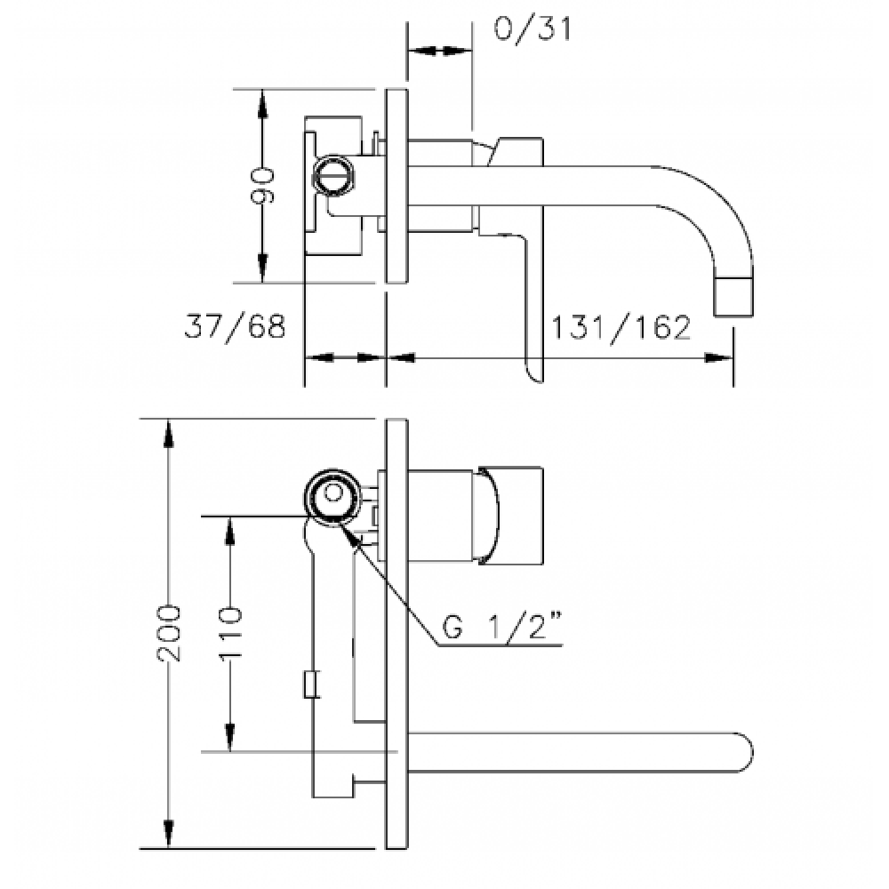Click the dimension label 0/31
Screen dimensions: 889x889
coord(533,28)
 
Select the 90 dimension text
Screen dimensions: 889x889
coord(262,186)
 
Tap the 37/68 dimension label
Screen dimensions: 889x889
coord(235,326)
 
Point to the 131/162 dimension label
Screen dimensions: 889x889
coord(621,327)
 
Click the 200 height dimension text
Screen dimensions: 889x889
coord(168,633)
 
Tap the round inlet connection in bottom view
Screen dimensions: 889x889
coord(332,497)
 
